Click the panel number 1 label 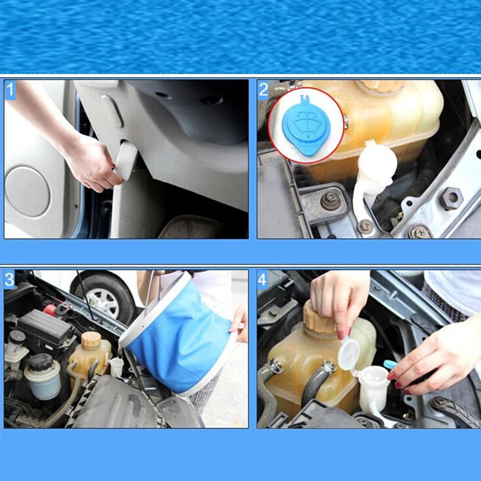[x=10, y=90]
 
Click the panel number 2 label [x=263, y=90]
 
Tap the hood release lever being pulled [x=125, y=161]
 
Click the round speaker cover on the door [x=27, y=191]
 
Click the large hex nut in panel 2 [x=451, y=198]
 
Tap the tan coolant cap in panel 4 [x=319, y=317]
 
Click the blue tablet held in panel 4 [x=391, y=364]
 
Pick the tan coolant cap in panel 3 [x=91, y=339]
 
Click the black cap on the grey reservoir [x=41, y=362]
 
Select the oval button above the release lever [x=112, y=111]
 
